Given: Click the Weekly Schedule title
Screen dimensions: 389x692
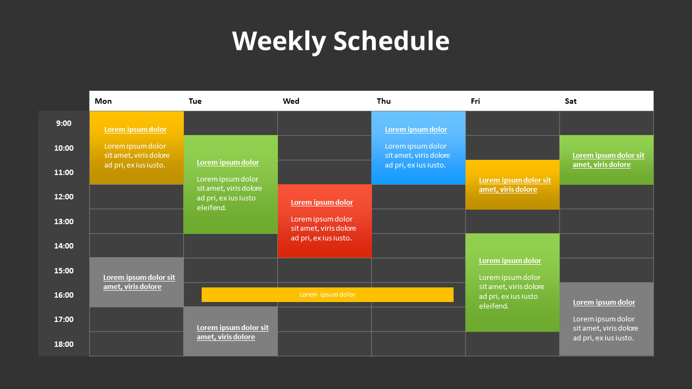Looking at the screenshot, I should (341, 41).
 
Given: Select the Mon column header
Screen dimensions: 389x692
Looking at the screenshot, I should (103, 101).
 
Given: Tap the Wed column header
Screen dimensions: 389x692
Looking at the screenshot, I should (291, 101).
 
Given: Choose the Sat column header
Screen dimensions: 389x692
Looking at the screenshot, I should (570, 101).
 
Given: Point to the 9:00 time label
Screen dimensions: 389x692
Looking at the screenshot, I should (63, 123).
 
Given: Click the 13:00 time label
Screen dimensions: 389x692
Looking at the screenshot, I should (63, 222).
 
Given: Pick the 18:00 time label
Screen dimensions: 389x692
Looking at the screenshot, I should (63, 344).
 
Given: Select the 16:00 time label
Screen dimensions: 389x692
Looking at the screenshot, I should (63, 295).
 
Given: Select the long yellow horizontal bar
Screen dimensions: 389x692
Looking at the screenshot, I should (328, 294).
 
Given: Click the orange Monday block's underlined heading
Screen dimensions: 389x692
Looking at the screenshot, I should (135, 130).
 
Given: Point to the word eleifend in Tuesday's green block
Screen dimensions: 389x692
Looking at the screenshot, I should (211, 207).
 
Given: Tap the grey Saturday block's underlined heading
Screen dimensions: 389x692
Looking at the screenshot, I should (604, 303).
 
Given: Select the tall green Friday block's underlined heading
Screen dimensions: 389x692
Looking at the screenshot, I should (510, 261).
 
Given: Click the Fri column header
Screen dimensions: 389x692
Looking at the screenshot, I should (475, 101).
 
